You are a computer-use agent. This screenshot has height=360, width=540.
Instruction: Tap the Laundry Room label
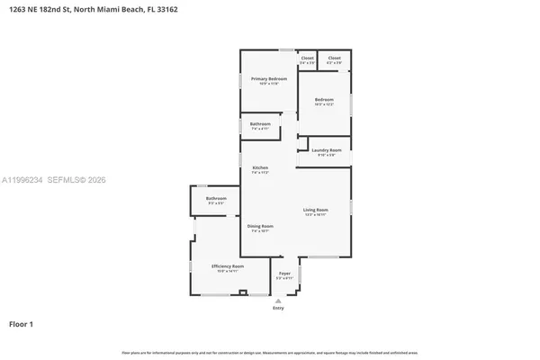click(x=327, y=150)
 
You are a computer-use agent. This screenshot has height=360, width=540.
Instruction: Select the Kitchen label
click(x=260, y=167)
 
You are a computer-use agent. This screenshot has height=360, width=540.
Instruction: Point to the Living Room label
click(x=315, y=210)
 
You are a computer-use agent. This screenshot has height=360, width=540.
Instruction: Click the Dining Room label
click(x=260, y=226)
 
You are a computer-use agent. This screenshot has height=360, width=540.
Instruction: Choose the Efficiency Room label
click(x=227, y=266)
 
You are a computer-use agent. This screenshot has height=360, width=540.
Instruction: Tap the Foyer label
click(x=284, y=273)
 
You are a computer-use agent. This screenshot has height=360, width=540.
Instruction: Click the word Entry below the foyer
click(x=278, y=309)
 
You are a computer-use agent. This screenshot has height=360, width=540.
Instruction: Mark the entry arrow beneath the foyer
click(x=278, y=301)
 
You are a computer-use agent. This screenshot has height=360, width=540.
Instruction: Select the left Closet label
click(x=307, y=58)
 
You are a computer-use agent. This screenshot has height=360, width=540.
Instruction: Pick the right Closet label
click(x=334, y=58)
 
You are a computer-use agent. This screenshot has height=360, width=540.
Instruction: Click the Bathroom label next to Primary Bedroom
click(x=260, y=123)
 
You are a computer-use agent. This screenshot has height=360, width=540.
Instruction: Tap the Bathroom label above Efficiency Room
click(x=216, y=198)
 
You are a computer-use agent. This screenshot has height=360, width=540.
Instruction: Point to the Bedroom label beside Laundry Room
click(x=324, y=99)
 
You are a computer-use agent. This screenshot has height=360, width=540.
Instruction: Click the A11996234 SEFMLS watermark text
click(x=54, y=181)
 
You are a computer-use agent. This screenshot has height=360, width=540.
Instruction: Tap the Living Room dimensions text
click(x=315, y=215)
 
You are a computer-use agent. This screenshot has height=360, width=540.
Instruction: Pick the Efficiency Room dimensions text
click(x=227, y=271)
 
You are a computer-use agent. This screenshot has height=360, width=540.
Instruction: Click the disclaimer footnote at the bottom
click(x=270, y=352)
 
